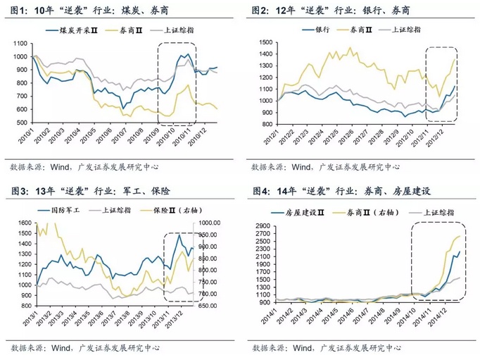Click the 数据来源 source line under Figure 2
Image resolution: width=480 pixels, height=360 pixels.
[325, 167]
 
